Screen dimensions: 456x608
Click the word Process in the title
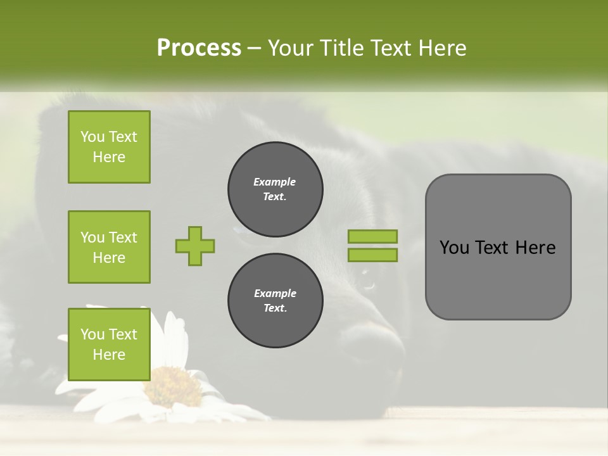pyautogui.click(x=199, y=48)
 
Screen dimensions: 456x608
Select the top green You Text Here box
pyautogui.click(x=109, y=147)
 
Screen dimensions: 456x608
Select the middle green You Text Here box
pyautogui.click(x=109, y=247)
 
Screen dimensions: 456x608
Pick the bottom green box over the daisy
pyautogui.click(x=109, y=344)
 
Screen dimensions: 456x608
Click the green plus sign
pyautogui.click(x=195, y=246)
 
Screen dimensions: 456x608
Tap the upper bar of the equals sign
pyautogui.click(x=372, y=236)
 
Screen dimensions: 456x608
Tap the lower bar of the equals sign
pyautogui.click(x=372, y=255)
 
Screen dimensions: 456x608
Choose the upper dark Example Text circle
pyautogui.click(x=275, y=189)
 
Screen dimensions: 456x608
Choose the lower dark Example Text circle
pyautogui.click(x=275, y=300)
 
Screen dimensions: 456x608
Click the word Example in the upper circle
pyautogui.click(x=275, y=182)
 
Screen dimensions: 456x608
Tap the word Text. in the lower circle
pyautogui.click(x=275, y=308)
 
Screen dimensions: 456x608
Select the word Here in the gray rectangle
pyautogui.click(x=535, y=248)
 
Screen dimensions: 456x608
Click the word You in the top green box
pyautogui.click(x=92, y=137)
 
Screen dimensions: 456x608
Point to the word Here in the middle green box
pyautogui.click(x=109, y=258)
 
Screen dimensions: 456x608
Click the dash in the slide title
pyautogui.click(x=255, y=48)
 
